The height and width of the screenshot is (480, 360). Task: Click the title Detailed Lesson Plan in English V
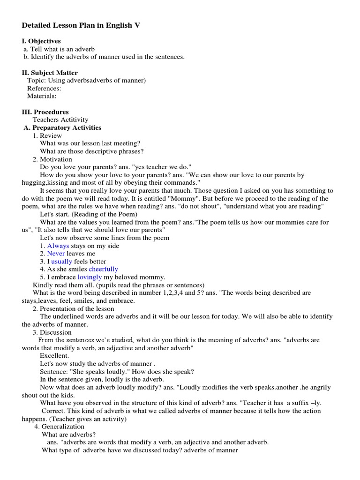click(x=81, y=25)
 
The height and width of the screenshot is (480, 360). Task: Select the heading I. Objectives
click(x=41, y=41)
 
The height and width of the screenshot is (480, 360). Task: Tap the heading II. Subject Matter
click(x=50, y=73)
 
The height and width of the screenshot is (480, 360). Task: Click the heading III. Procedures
click(x=45, y=112)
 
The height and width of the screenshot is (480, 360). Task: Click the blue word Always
click(x=58, y=246)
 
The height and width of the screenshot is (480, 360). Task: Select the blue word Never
click(x=56, y=254)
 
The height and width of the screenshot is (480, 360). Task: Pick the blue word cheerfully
click(x=103, y=269)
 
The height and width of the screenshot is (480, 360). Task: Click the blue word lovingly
click(x=90, y=277)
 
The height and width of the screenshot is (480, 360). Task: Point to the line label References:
click(x=44, y=88)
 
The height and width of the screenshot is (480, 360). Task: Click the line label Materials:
click(x=42, y=96)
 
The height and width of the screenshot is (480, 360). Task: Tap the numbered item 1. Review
click(x=47, y=135)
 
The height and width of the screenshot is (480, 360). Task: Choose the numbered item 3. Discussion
click(x=52, y=332)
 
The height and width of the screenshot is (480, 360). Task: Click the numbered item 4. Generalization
click(x=59, y=427)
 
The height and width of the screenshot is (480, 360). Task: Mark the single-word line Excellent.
click(x=54, y=356)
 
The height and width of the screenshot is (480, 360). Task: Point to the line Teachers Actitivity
click(x=60, y=120)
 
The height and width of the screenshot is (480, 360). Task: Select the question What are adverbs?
click(x=68, y=435)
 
